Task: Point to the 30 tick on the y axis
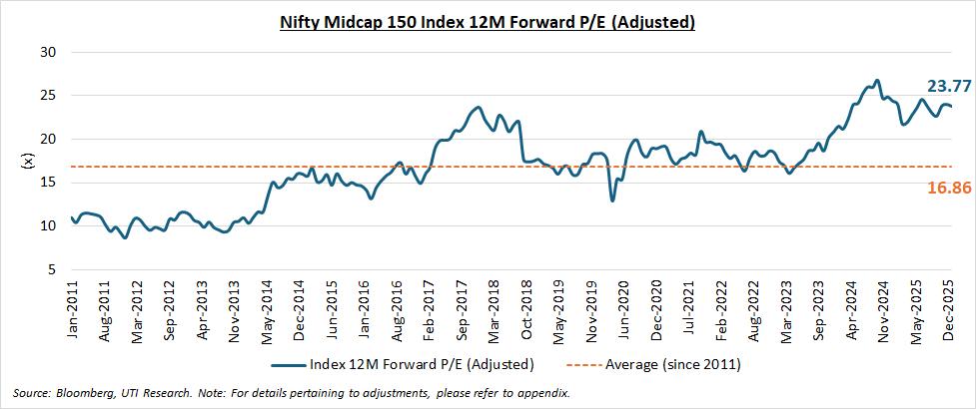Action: (47, 52)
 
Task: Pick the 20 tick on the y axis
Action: (47, 140)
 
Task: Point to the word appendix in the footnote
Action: (540, 393)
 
